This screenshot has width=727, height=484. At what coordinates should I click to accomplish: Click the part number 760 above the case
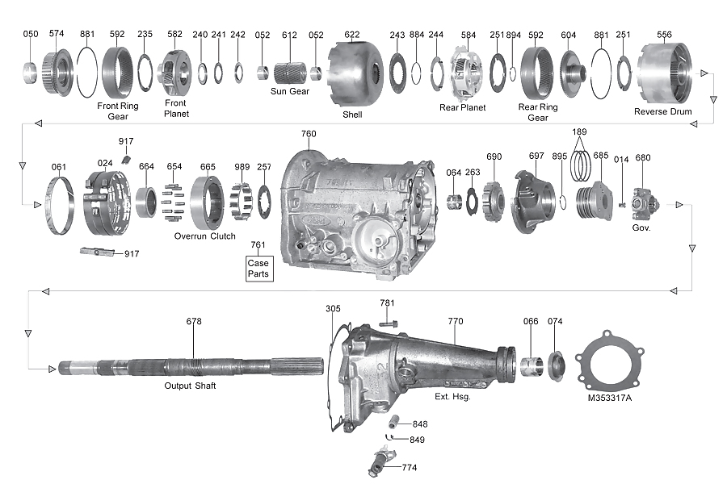[x=309, y=134]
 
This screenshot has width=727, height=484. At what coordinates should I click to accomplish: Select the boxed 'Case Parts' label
[x=259, y=269]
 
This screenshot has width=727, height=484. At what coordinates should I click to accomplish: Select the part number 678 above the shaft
[x=194, y=321]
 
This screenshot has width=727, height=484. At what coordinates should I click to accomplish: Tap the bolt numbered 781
[x=388, y=323]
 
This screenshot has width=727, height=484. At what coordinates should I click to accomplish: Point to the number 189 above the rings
[x=578, y=131]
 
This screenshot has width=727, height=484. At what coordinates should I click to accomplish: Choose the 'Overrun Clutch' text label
[x=204, y=236]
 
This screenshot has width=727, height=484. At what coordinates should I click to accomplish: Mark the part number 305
[x=333, y=308]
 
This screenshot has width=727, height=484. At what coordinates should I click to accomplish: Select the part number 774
[x=410, y=467]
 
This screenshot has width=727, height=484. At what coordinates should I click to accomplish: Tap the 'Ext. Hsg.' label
[x=452, y=397]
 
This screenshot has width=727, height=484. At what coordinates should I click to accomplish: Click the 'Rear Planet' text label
[x=462, y=107]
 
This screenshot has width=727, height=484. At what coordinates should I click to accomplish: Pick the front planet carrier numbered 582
[x=175, y=73]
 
